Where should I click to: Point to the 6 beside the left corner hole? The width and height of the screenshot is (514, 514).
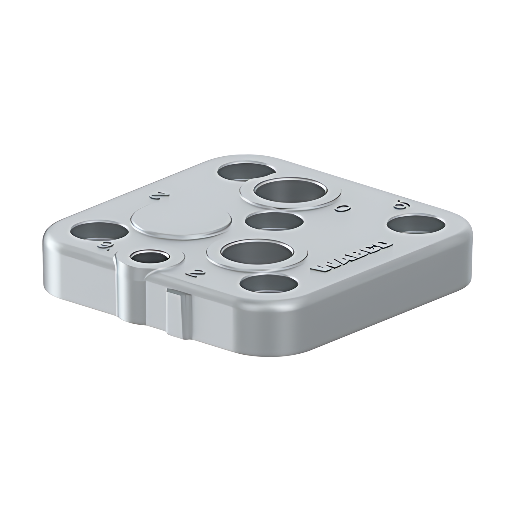tap(102, 245)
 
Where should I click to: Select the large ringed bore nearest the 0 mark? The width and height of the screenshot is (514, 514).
tap(289, 192)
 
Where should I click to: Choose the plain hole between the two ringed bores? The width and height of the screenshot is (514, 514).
tap(274, 221)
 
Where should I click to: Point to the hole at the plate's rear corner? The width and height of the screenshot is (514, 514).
tap(247, 171)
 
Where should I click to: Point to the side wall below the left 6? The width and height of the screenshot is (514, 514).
tap(80, 272)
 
